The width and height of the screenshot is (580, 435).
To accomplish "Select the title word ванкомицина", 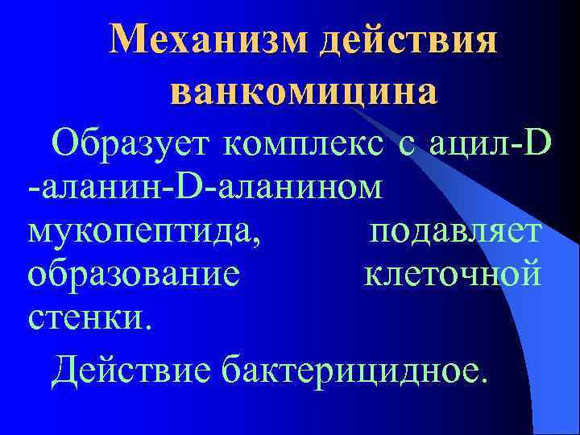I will [x=304, y=91].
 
